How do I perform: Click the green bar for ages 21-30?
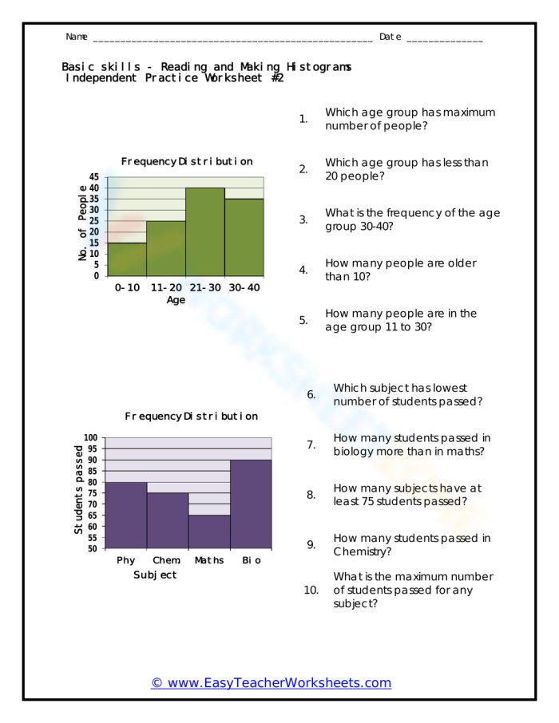(205, 232)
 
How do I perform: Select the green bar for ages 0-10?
(127, 259)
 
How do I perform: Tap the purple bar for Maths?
(209, 531)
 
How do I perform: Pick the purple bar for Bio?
(251, 504)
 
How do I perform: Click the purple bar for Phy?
(126, 515)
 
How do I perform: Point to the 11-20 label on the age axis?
(166, 287)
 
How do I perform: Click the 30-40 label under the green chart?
(244, 287)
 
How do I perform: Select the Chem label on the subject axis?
(166, 560)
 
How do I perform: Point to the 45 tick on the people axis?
(95, 177)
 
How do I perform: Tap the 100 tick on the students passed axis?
(90, 438)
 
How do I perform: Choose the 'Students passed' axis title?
(78, 489)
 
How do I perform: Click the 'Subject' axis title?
(155, 575)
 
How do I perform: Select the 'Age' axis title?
(176, 300)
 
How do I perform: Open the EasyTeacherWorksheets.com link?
(272, 682)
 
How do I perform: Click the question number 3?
(303, 219)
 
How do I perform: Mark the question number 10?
(311, 590)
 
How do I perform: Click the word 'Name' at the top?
(77, 37)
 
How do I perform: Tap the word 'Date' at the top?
(391, 37)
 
